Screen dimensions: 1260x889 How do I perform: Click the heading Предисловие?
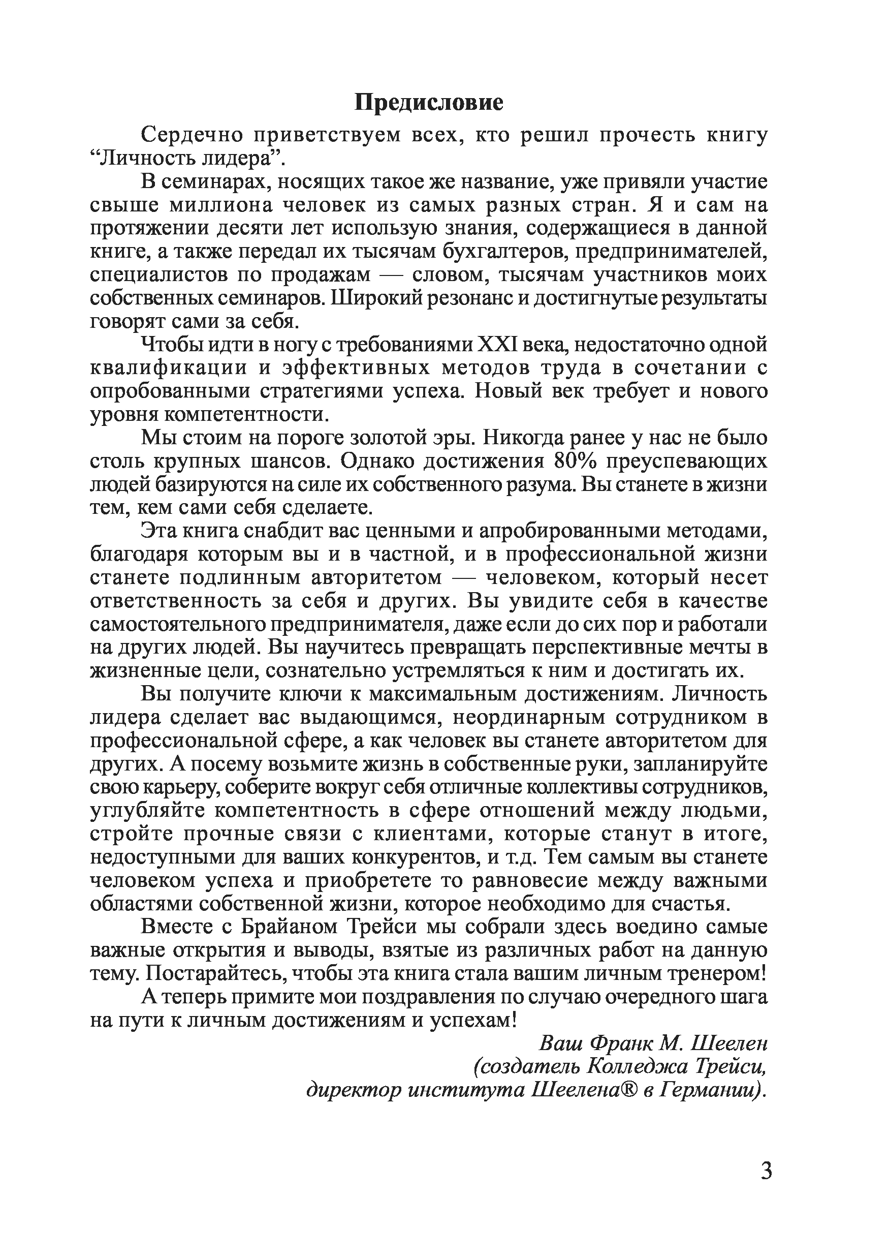tap(428, 103)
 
